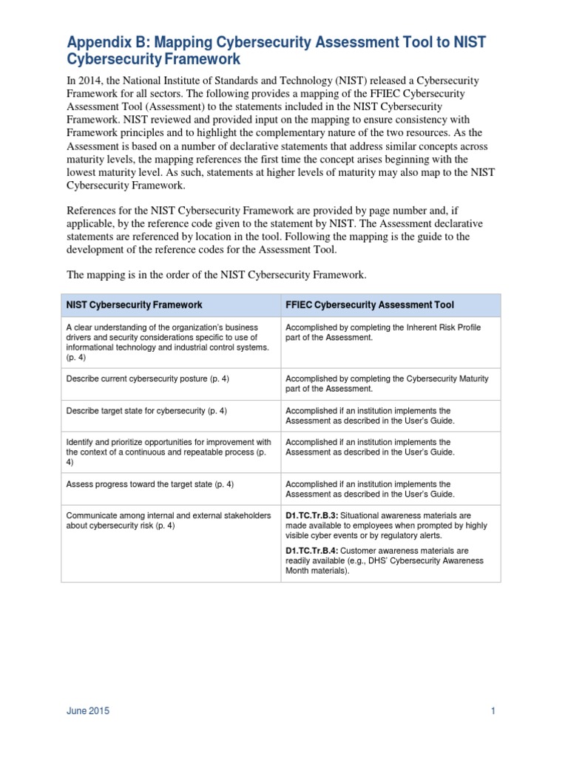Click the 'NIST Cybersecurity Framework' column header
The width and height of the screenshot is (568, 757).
click(135, 305)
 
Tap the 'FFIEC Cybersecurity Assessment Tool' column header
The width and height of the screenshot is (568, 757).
click(370, 305)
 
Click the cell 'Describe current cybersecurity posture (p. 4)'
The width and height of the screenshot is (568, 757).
click(148, 378)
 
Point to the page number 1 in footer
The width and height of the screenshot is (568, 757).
click(492, 711)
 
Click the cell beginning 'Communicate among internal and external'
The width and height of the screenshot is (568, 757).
click(169, 520)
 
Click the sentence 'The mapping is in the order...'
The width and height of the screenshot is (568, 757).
click(216, 274)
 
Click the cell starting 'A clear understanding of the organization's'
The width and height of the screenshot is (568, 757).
click(169, 342)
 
